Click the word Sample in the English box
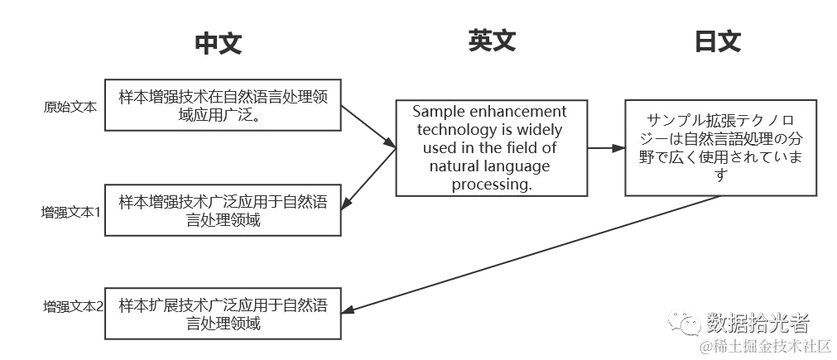point(439,112)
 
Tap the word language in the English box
point(522,166)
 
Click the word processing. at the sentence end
point(492,185)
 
